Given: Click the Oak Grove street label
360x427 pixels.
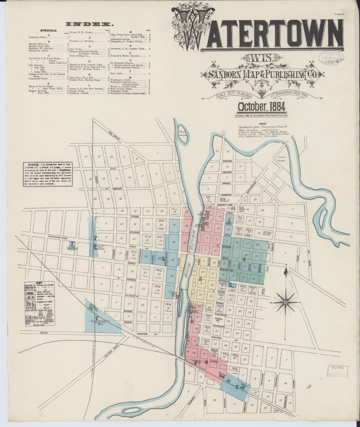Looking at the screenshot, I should coord(114,134).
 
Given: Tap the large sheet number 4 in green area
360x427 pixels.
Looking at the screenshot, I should coord(244,259).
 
